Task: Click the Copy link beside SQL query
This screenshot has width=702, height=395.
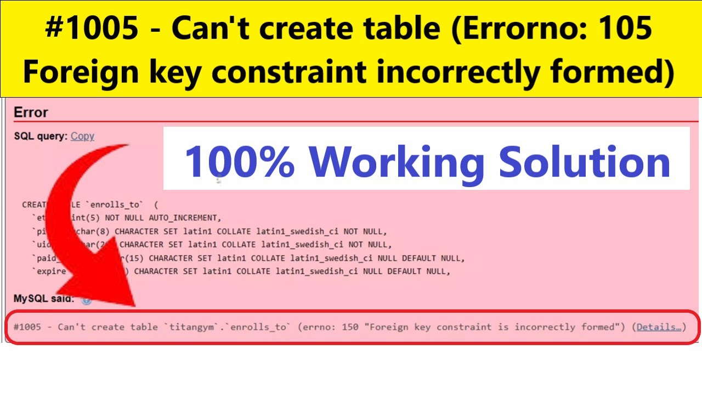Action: (82, 136)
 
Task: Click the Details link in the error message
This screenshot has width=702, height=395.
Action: (658, 327)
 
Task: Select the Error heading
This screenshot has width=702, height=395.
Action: (31, 112)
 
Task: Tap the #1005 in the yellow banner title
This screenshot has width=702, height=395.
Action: (92, 29)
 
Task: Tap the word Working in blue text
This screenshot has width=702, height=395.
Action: (397, 162)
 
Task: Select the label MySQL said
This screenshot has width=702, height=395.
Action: (44, 299)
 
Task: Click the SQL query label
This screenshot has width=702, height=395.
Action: (41, 136)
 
